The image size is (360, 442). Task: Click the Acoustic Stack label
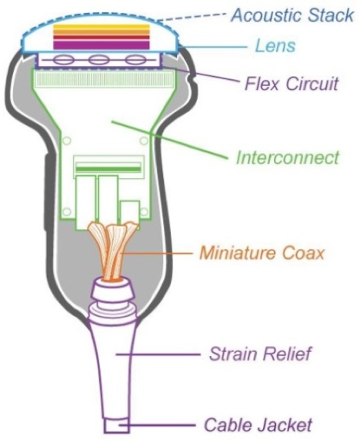pyautogui.click(x=292, y=15)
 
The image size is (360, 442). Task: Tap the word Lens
pyautogui.click(x=275, y=45)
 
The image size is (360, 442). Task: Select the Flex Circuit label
pyautogui.click(x=292, y=84)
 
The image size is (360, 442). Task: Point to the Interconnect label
pyautogui.click(x=288, y=158)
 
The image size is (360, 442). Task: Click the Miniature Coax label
pyautogui.click(x=262, y=253)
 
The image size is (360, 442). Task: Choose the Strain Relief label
pyautogui.click(x=261, y=354)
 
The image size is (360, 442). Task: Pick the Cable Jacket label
pyautogui.click(x=258, y=424)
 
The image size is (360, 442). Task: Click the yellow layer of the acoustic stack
pyautogui.click(x=102, y=27)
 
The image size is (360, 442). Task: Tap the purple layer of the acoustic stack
pyautogui.click(x=102, y=45)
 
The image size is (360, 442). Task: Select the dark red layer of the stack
pyautogui.click(x=102, y=38)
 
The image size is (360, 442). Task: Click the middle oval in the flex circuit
pyautogui.click(x=98, y=60)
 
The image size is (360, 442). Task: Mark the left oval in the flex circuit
pyautogui.click(x=62, y=60)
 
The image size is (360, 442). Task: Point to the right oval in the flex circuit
pyautogui.click(x=135, y=60)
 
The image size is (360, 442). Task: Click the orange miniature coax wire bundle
pyautogui.click(x=113, y=251)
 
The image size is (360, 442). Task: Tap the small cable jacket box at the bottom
pyautogui.click(x=117, y=426)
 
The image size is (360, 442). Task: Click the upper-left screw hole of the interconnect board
pyautogui.click(x=67, y=141)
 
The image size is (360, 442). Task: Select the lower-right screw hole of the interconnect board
pyautogui.click(x=144, y=212)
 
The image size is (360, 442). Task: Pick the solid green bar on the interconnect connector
pyautogui.click(x=108, y=169)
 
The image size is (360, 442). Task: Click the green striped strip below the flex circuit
pyautogui.click(x=104, y=78)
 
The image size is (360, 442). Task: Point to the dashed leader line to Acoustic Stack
pyautogui.click(x=192, y=17)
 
